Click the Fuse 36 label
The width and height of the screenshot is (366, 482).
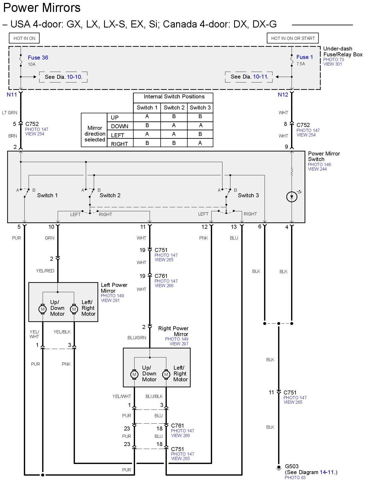pos(38,58)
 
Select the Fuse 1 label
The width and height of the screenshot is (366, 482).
pos(304,57)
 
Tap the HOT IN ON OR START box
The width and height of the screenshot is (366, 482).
pos(293,38)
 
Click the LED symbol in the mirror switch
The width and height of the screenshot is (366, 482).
pos(292,197)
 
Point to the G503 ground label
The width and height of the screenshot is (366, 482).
pos(292,466)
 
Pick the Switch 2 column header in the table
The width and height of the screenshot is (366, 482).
pos(174,108)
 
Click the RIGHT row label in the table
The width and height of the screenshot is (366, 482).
pos(119,144)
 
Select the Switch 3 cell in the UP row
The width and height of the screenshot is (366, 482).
pos(200,117)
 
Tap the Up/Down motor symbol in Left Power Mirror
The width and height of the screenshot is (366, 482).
pos(42,309)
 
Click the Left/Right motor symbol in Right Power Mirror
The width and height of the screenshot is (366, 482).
pos(166,374)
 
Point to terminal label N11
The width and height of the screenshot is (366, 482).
pos(12,95)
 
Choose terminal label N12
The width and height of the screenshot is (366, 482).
pos(283,95)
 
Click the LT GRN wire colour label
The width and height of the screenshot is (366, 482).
pos(10,113)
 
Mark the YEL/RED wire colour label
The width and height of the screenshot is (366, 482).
pos(45,271)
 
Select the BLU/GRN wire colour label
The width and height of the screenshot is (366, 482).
pos(137,338)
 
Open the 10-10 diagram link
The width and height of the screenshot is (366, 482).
pos(74,77)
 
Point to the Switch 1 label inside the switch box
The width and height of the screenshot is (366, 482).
pos(47,195)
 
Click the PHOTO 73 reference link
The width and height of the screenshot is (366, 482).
pos(333,59)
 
